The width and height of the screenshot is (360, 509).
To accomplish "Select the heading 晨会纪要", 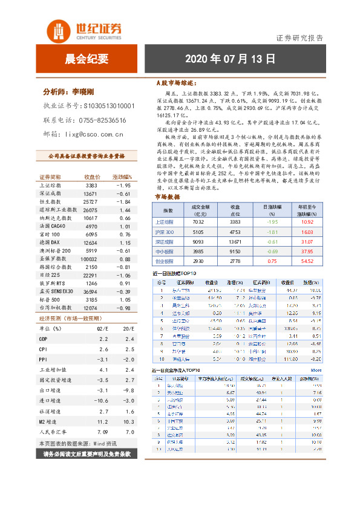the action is click(x=86, y=59).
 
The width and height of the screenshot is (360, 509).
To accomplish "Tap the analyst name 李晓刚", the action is click(x=85, y=92).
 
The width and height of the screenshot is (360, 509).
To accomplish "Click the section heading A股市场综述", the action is click(x=176, y=82).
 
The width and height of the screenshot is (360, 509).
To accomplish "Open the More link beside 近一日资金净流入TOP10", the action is click(x=316, y=370).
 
